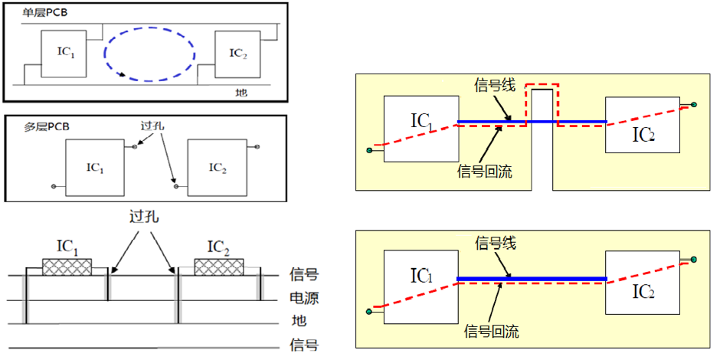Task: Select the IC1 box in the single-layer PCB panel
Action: pos(64,54)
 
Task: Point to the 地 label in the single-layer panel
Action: pos(241,93)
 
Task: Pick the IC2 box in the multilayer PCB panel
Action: pos(217,168)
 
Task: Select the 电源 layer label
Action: pos(304,298)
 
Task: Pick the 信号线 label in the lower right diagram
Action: pos(496,244)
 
